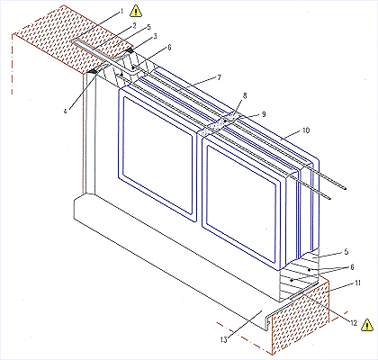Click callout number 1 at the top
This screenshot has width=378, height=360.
coord(121,12)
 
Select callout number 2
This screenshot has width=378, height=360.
coord(135,25)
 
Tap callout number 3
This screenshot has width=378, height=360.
coord(155,36)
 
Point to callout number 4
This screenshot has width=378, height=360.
coord(65,111)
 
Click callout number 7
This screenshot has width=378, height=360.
coord(219,77)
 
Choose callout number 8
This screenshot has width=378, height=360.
coord(245,95)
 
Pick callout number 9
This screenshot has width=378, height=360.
coord(264,114)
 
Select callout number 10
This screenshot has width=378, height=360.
coord(306,130)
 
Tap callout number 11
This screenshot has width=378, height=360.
coord(357,283)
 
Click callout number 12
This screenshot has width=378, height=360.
coord(354,323)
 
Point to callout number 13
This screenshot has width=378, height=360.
coord(224,339)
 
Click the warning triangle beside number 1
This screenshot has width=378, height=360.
coord(136,11)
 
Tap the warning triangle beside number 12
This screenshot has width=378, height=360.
coord(367,325)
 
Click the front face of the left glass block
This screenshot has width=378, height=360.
coord(158,155)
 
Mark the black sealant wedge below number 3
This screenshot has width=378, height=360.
coord(130,50)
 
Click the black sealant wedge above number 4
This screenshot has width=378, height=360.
coord(94,71)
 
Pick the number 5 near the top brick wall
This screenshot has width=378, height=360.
coord(148,28)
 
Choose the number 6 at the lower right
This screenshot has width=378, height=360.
coord(352,266)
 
